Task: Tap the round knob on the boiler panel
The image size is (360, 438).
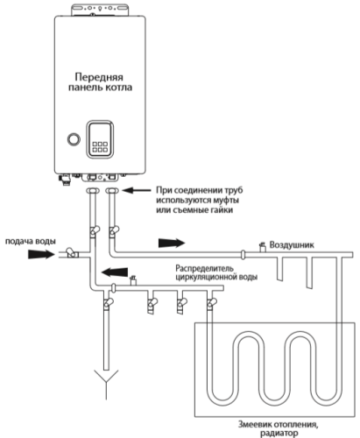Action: click(x=73, y=139)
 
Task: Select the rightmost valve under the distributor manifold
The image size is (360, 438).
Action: click(x=211, y=304)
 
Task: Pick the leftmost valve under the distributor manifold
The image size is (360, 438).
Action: click(x=107, y=304)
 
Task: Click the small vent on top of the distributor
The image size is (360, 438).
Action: click(x=132, y=279)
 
